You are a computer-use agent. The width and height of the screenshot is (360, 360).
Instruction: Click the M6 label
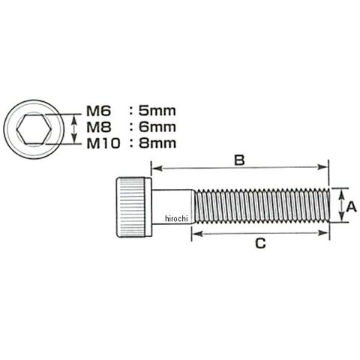click(x=98, y=111)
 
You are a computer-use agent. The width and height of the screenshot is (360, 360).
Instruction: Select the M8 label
click(x=98, y=127)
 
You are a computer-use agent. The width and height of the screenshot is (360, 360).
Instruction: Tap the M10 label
click(x=103, y=144)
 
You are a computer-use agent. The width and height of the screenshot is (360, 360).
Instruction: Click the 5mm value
click(x=157, y=111)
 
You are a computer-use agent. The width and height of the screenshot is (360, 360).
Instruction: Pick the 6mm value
click(x=157, y=127)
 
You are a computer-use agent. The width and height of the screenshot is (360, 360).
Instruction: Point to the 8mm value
click(x=157, y=143)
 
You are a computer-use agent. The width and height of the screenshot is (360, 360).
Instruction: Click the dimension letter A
click(x=351, y=207)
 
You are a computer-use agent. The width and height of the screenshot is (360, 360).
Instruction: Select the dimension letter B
click(x=239, y=160)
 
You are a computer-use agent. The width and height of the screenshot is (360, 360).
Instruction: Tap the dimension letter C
click(x=260, y=244)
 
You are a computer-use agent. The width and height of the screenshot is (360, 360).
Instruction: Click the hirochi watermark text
click(x=176, y=219)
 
